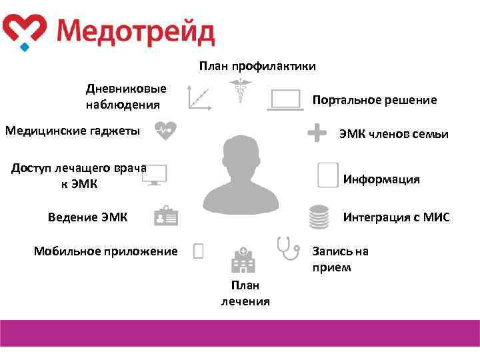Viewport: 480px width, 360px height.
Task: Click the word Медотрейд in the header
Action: [x=135, y=31]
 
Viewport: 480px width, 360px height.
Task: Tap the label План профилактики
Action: [x=257, y=66]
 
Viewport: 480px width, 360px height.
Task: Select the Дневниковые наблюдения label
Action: [x=126, y=97]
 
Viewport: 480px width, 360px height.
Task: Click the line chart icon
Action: [x=199, y=97]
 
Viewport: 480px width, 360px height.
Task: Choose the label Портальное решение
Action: [x=375, y=100]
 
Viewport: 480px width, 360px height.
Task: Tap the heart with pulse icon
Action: [x=165, y=131]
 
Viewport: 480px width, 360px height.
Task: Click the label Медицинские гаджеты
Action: [x=73, y=131]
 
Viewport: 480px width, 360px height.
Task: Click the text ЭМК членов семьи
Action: [x=393, y=134]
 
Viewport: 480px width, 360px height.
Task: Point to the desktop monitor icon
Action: [x=154, y=175]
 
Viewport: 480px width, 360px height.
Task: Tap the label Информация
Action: [x=381, y=179]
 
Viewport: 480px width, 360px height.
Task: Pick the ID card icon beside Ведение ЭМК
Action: [x=165, y=216]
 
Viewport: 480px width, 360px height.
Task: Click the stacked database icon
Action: [x=319, y=217]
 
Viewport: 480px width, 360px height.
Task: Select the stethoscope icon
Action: [x=288, y=247]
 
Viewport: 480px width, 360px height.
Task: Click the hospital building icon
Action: [x=243, y=260]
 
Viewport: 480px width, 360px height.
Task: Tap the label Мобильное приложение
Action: [x=106, y=251]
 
